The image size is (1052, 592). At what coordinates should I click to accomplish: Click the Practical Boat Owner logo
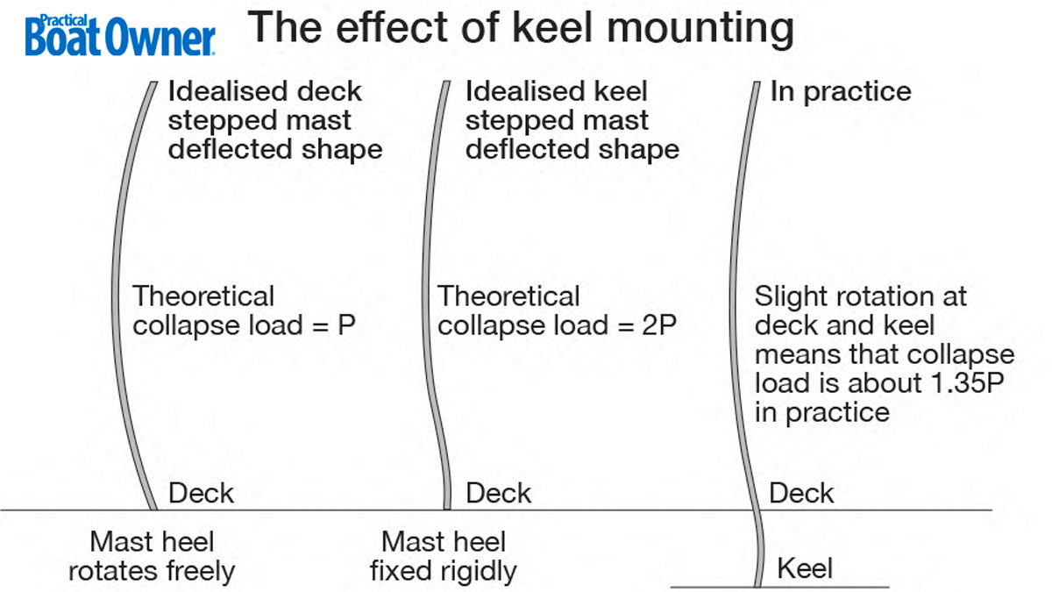coord(120,34)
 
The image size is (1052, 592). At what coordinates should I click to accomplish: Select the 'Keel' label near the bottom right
coord(805,569)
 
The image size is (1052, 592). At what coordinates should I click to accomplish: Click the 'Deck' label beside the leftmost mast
coord(201,493)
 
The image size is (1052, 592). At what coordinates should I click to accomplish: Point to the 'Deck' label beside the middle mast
coord(498,493)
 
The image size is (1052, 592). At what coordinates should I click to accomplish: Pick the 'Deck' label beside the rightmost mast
coord(801,493)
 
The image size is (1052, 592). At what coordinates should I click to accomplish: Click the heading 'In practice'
coord(840,91)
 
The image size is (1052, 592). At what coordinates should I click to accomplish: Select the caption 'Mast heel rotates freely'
coord(152,557)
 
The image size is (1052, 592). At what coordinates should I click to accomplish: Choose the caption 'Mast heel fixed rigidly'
coord(444,557)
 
